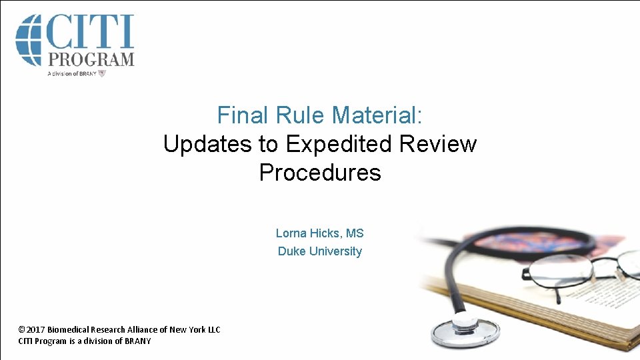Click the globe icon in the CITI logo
pos(28,39)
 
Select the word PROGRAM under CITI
pos(90,59)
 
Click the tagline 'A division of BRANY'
pos(72,73)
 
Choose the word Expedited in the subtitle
pos(339,144)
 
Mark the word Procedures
pos(320,173)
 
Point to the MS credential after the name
pos(355,233)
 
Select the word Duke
pos(291,251)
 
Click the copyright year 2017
pos(36,329)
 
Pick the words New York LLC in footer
pos(195,329)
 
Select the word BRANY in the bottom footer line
pos(138,341)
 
